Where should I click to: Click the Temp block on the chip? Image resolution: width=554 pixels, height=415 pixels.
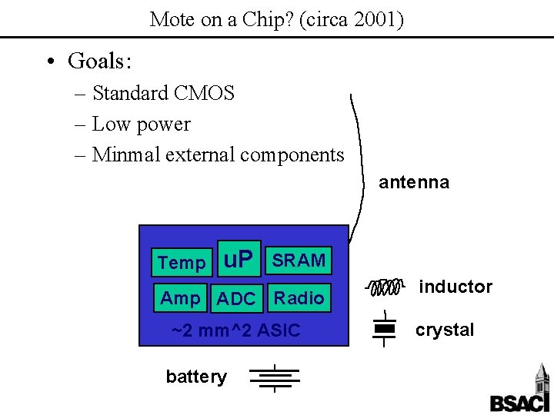click(x=182, y=263)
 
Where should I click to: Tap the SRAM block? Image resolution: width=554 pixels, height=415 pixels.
click(x=299, y=261)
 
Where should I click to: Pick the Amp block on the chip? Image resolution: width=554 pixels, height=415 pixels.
click(x=181, y=298)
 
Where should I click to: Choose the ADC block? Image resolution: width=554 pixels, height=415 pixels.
click(x=236, y=299)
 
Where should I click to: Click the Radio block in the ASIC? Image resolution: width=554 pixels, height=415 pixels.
click(x=299, y=298)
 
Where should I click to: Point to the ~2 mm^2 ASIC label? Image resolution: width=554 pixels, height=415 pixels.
click(x=235, y=331)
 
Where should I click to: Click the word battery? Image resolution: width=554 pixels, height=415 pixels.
click(x=196, y=377)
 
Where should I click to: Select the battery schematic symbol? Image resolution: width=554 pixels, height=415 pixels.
click(x=274, y=377)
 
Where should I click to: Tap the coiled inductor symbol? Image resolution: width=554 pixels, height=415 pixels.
click(x=385, y=288)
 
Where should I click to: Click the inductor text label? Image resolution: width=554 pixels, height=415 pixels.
click(x=456, y=287)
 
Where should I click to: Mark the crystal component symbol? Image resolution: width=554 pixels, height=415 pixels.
click(x=384, y=329)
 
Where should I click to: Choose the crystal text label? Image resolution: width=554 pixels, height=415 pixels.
click(x=445, y=330)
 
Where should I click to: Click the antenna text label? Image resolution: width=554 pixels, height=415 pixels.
click(x=414, y=182)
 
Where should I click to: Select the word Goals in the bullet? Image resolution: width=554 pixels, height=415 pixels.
click(x=96, y=60)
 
